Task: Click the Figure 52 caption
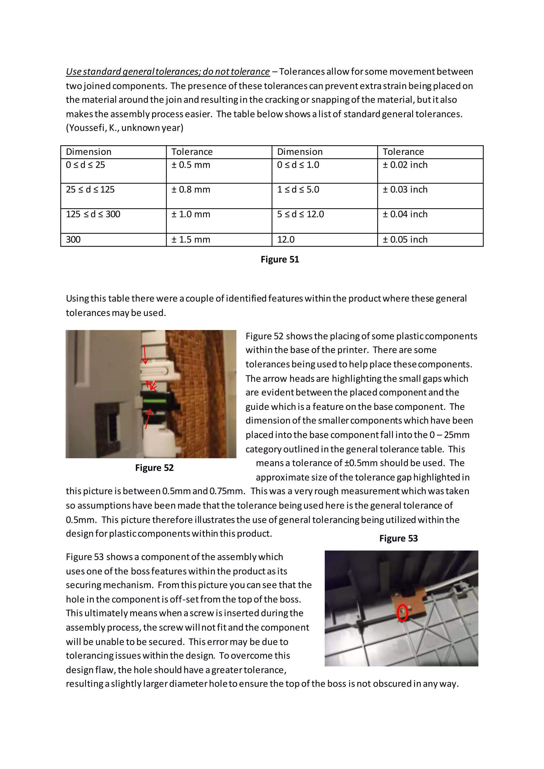pos(154,468)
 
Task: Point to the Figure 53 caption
pos(398,538)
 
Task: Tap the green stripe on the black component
pos(154,401)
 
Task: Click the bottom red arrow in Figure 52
pos(148,419)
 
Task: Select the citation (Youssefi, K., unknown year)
pos(125,128)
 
